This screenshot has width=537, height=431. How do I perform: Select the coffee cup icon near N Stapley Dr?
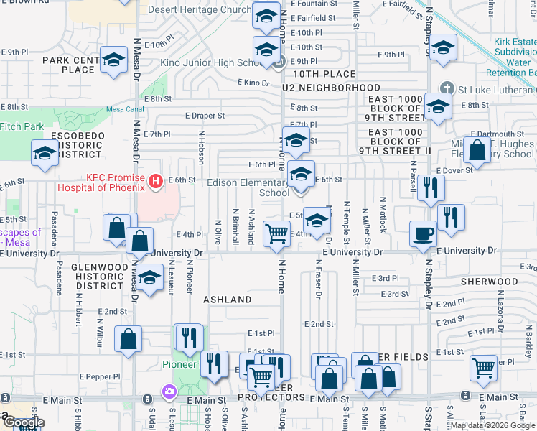click(x=423, y=233)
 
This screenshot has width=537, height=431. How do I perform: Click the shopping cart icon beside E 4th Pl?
click(x=276, y=233)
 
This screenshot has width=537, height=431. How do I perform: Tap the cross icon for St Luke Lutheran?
click(x=446, y=88)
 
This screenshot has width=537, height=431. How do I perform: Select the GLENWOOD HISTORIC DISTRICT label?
click(x=99, y=277)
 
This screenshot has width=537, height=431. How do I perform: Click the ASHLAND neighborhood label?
click(x=227, y=299)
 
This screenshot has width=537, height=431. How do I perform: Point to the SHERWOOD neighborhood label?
click(x=490, y=282)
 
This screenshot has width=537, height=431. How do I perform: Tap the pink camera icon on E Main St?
click(x=169, y=392)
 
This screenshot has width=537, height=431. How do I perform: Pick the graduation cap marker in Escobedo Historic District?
click(x=45, y=153)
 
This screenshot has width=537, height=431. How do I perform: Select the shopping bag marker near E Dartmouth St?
click(x=476, y=149)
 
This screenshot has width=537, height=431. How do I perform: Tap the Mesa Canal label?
click(x=120, y=108)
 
